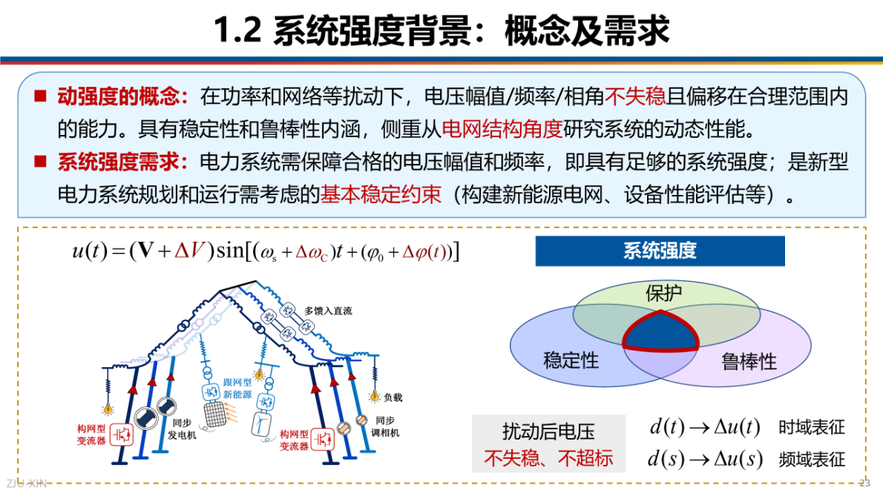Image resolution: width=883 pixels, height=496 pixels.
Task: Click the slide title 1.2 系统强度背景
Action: tap(441, 31)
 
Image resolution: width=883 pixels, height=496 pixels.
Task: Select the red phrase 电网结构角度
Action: tap(502, 130)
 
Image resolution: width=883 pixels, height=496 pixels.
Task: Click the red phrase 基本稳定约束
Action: tap(381, 195)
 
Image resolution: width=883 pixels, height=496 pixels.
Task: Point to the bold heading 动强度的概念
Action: tap(118, 96)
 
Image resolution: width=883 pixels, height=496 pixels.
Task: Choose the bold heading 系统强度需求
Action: tap(118, 162)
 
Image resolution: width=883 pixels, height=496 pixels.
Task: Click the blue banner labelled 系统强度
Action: tap(660, 251)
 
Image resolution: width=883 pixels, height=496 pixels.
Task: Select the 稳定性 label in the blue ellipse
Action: tap(571, 360)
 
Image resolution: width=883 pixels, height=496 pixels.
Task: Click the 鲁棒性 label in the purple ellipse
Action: tap(749, 362)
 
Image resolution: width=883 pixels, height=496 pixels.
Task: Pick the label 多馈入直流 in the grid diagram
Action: tap(329, 311)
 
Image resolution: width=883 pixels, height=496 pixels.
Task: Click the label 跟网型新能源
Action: tap(238, 389)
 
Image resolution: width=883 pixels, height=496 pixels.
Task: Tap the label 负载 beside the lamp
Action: tap(393, 397)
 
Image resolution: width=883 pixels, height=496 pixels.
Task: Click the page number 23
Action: tap(864, 483)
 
